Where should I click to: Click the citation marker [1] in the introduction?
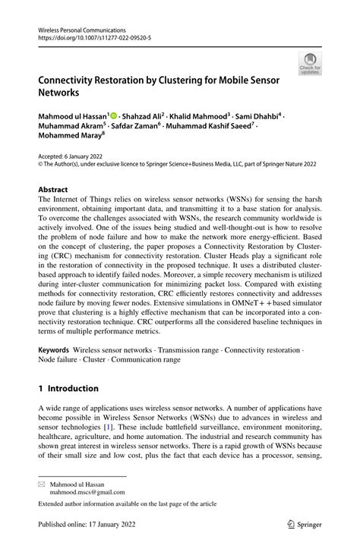pos(151,428)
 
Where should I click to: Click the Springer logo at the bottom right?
pos(302,524)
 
